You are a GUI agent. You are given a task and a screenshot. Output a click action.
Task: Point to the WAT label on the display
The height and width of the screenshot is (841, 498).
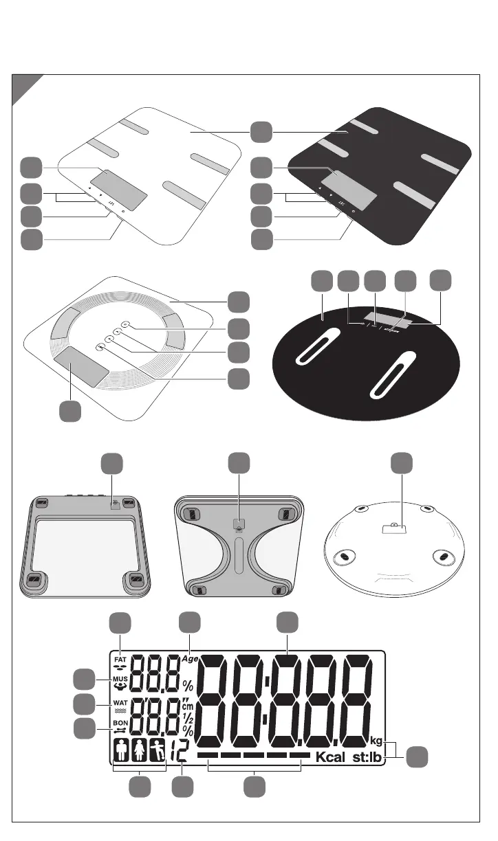click(x=120, y=704)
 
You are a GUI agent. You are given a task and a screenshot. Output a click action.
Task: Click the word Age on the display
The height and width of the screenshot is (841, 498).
click(x=190, y=658)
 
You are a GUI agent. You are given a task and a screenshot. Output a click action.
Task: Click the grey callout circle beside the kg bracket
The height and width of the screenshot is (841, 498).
click(x=415, y=758)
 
